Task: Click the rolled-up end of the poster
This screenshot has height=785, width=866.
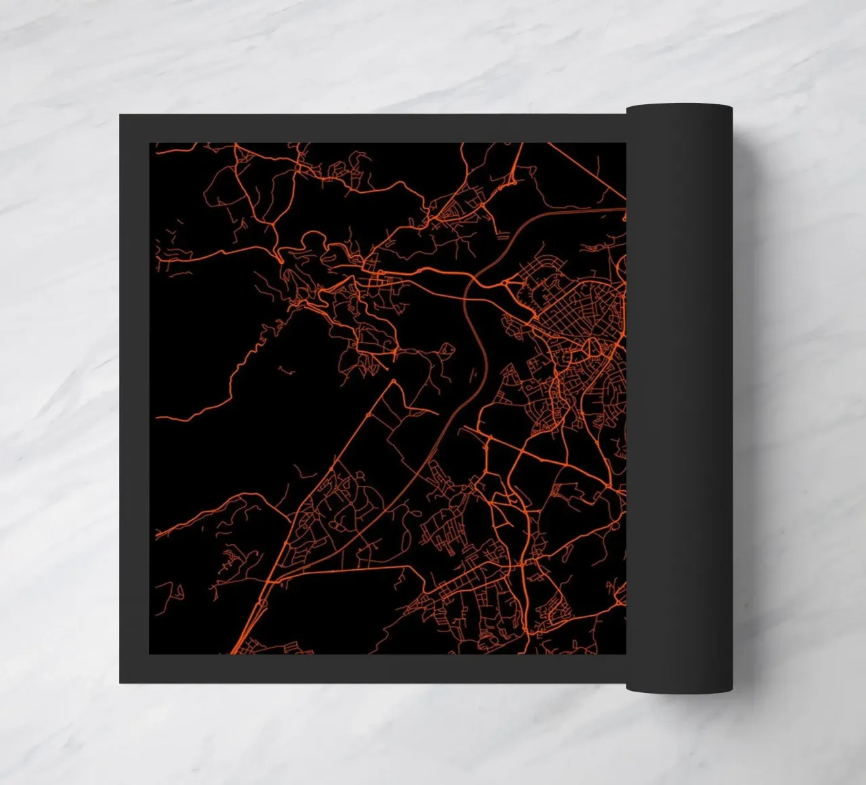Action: (x=679, y=399)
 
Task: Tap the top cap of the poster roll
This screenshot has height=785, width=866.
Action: (x=679, y=108)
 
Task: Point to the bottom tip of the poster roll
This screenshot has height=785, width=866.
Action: (x=679, y=689)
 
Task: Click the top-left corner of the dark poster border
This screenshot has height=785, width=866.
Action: (x=121, y=116)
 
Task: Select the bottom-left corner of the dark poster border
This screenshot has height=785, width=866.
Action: (x=121, y=681)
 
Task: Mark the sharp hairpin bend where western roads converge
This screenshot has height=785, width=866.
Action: (x=279, y=258)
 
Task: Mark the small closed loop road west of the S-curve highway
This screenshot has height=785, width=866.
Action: (x=446, y=349)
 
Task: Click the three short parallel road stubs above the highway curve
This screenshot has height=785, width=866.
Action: (x=501, y=237)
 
